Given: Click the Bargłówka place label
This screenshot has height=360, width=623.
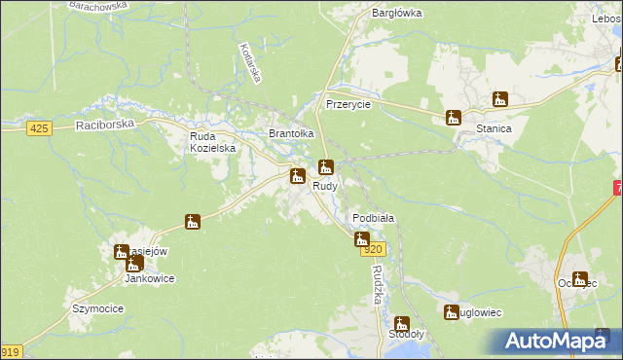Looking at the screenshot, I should [396, 13].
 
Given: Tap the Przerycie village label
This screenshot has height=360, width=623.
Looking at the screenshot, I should [348, 104].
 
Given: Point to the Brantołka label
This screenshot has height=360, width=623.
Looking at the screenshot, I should [291, 134].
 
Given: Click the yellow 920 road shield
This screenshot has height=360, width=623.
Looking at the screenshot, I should [376, 250].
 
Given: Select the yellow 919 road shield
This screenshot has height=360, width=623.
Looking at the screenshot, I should [10, 352].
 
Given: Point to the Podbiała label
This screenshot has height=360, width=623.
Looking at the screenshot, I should [372, 218].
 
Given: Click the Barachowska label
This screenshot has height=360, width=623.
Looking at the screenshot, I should [98, 5].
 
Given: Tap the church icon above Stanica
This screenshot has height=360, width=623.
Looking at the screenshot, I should [500, 99].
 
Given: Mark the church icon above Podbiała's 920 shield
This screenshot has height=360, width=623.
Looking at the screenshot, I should [362, 238].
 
